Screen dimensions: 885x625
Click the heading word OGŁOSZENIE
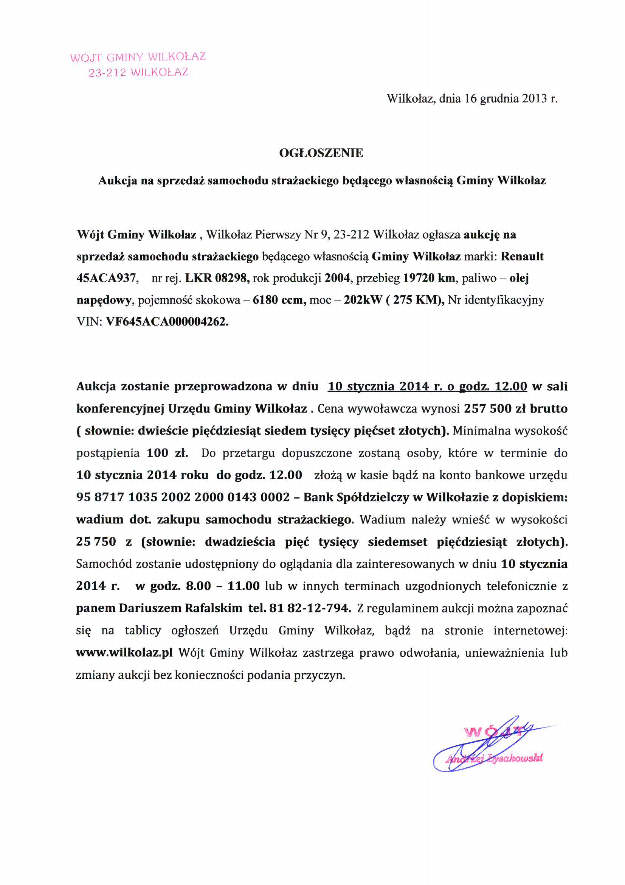click(321, 153)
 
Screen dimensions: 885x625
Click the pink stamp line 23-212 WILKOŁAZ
click(138, 72)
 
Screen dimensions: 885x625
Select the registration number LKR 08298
click(217, 278)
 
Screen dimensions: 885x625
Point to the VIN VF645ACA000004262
click(167, 321)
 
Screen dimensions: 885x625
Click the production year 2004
click(337, 278)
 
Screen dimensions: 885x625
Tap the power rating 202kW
click(363, 300)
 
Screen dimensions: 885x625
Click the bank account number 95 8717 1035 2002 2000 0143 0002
click(183, 497)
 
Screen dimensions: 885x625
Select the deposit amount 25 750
click(96, 542)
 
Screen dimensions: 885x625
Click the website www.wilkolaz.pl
click(124, 653)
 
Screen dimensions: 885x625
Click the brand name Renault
click(522, 256)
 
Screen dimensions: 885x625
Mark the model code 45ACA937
click(106, 278)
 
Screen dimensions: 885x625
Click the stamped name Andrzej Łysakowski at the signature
click(494, 759)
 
